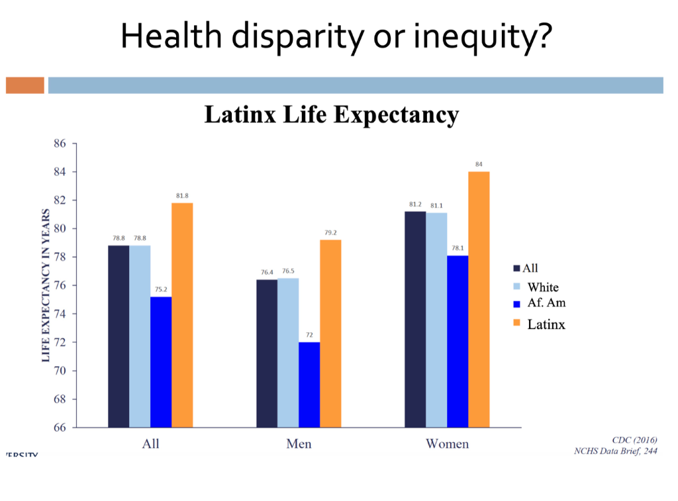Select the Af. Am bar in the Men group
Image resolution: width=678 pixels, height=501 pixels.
pos(309,385)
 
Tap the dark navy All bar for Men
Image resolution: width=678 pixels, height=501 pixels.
pos(267,353)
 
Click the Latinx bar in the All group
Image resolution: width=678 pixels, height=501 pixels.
pos(182,315)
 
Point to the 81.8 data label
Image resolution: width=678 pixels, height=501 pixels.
pos(182,196)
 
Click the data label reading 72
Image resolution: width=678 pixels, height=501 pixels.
pos(309,336)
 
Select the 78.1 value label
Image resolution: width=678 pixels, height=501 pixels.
pos(458,249)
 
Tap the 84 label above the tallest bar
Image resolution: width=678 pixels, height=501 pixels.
pos(479,164)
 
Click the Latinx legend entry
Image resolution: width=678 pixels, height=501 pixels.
pos(546,324)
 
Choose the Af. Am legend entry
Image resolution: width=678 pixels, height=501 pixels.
pos(546,303)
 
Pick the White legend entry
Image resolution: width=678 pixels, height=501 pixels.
pos(542,287)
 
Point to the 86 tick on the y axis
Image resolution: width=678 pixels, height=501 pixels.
pos(61,144)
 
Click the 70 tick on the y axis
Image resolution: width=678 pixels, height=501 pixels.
pos(61,371)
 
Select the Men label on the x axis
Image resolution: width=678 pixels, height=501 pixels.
pos(299,443)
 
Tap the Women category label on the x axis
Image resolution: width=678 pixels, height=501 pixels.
pos(447,443)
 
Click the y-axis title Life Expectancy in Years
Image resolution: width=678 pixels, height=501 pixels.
pos(46,285)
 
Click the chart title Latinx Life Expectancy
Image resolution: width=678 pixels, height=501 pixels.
pos(331,114)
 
